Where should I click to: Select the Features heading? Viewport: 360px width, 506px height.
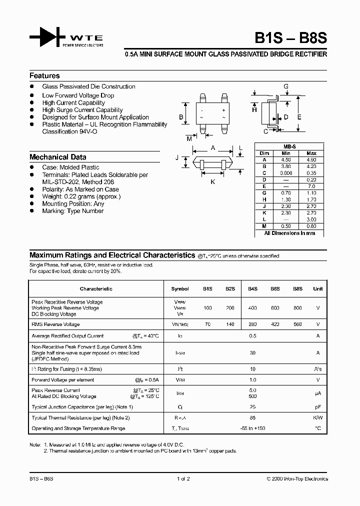[x=44, y=76]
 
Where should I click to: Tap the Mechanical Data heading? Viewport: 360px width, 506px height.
[x=57, y=157]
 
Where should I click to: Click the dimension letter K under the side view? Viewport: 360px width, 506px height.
[x=212, y=181]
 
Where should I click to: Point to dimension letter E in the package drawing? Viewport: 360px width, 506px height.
[x=299, y=117]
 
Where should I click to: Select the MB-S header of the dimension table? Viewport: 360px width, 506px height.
[x=289, y=146]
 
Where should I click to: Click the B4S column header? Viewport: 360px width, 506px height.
[x=252, y=288]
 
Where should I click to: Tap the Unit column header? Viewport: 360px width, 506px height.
[x=317, y=288]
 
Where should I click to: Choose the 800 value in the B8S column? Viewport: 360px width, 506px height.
[x=297, y=308]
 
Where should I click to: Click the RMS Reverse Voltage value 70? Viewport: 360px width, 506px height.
[x=207, y=324]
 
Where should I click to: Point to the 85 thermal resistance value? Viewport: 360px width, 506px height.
[x=252, y=418]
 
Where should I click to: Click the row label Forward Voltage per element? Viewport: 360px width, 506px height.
[x=62, y=380]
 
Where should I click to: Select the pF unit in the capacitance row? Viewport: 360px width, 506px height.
[x=317, y=407]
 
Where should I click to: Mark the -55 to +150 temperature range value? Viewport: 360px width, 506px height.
[x=252, y=428]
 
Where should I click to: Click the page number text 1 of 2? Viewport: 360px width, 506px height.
[x=183, y=479]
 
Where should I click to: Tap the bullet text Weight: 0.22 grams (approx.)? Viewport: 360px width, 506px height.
[x=81, y=196]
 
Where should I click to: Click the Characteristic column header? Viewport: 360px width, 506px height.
[x=96, y=288]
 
